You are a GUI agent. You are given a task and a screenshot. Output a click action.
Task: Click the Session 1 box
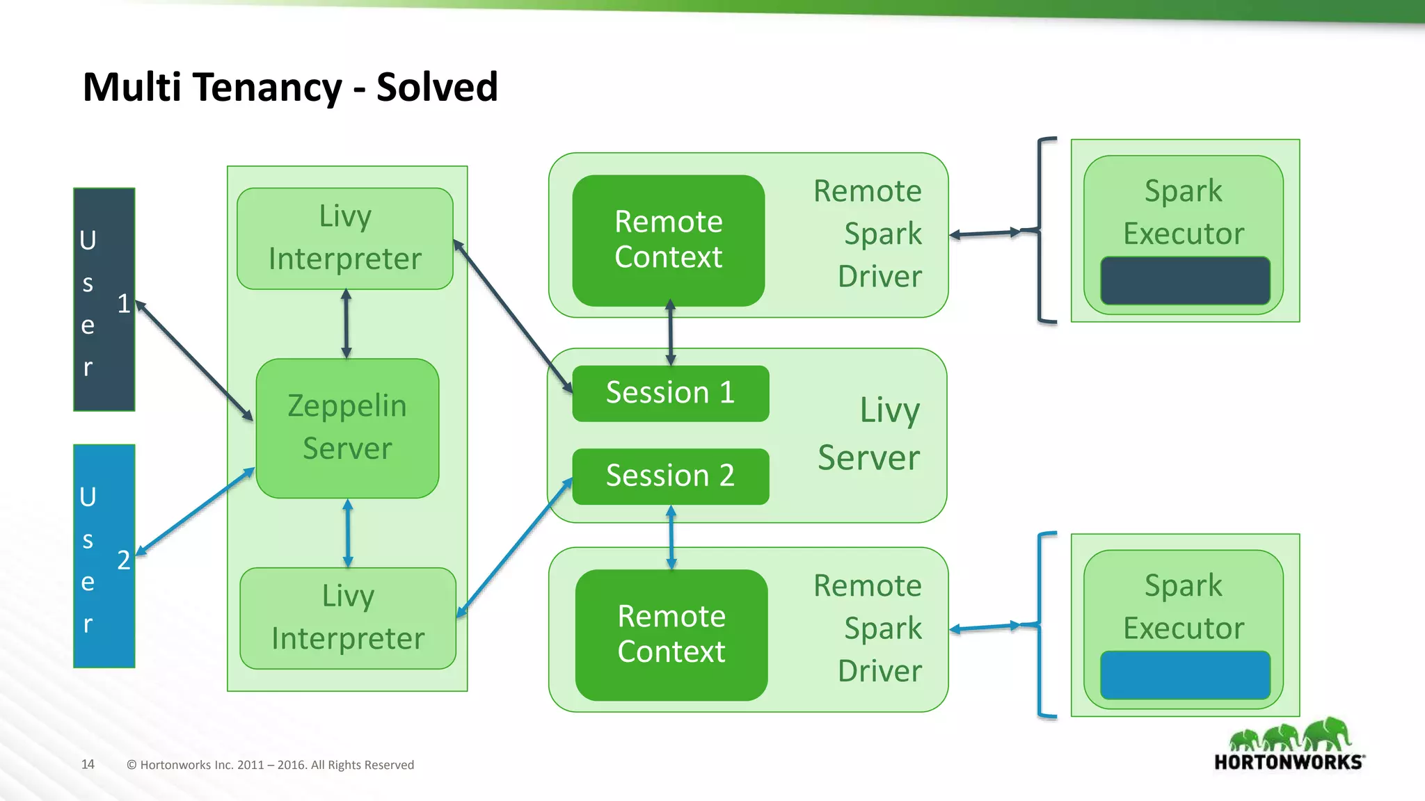[x=670, y=394]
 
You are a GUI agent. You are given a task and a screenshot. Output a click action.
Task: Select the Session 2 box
[x=670, y=476]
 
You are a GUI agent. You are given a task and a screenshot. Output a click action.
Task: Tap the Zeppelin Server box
[x=347, y=428]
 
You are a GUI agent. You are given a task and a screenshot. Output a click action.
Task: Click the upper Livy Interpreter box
[x=345, y=238]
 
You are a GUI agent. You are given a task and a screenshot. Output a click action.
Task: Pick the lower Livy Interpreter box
[x=348, y=618]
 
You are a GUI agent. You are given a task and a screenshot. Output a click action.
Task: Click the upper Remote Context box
[x=668, y=240]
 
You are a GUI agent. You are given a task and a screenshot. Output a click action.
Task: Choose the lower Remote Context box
[x=671, y=635]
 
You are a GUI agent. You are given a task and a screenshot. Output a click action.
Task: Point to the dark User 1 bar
[x=104, y=299]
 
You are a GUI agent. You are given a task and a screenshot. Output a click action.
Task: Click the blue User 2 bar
[x=104, y=556]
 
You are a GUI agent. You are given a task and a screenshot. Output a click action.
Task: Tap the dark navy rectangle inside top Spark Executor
[x=1185, y=281]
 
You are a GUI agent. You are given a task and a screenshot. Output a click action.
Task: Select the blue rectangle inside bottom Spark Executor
[x=1185, y=675]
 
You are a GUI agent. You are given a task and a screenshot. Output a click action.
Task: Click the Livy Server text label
[x=870, y=434]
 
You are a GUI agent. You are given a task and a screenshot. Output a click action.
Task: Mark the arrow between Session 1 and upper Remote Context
[x=671, y=332]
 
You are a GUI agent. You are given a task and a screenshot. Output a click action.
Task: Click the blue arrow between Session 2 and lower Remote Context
[x=671, y=537]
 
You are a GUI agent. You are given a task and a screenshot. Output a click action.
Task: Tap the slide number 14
[x=88, y=764]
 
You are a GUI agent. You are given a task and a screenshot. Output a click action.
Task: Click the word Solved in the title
[x=437, y=87]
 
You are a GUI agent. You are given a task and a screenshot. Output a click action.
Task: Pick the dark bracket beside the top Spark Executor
[x=1042, y=230]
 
